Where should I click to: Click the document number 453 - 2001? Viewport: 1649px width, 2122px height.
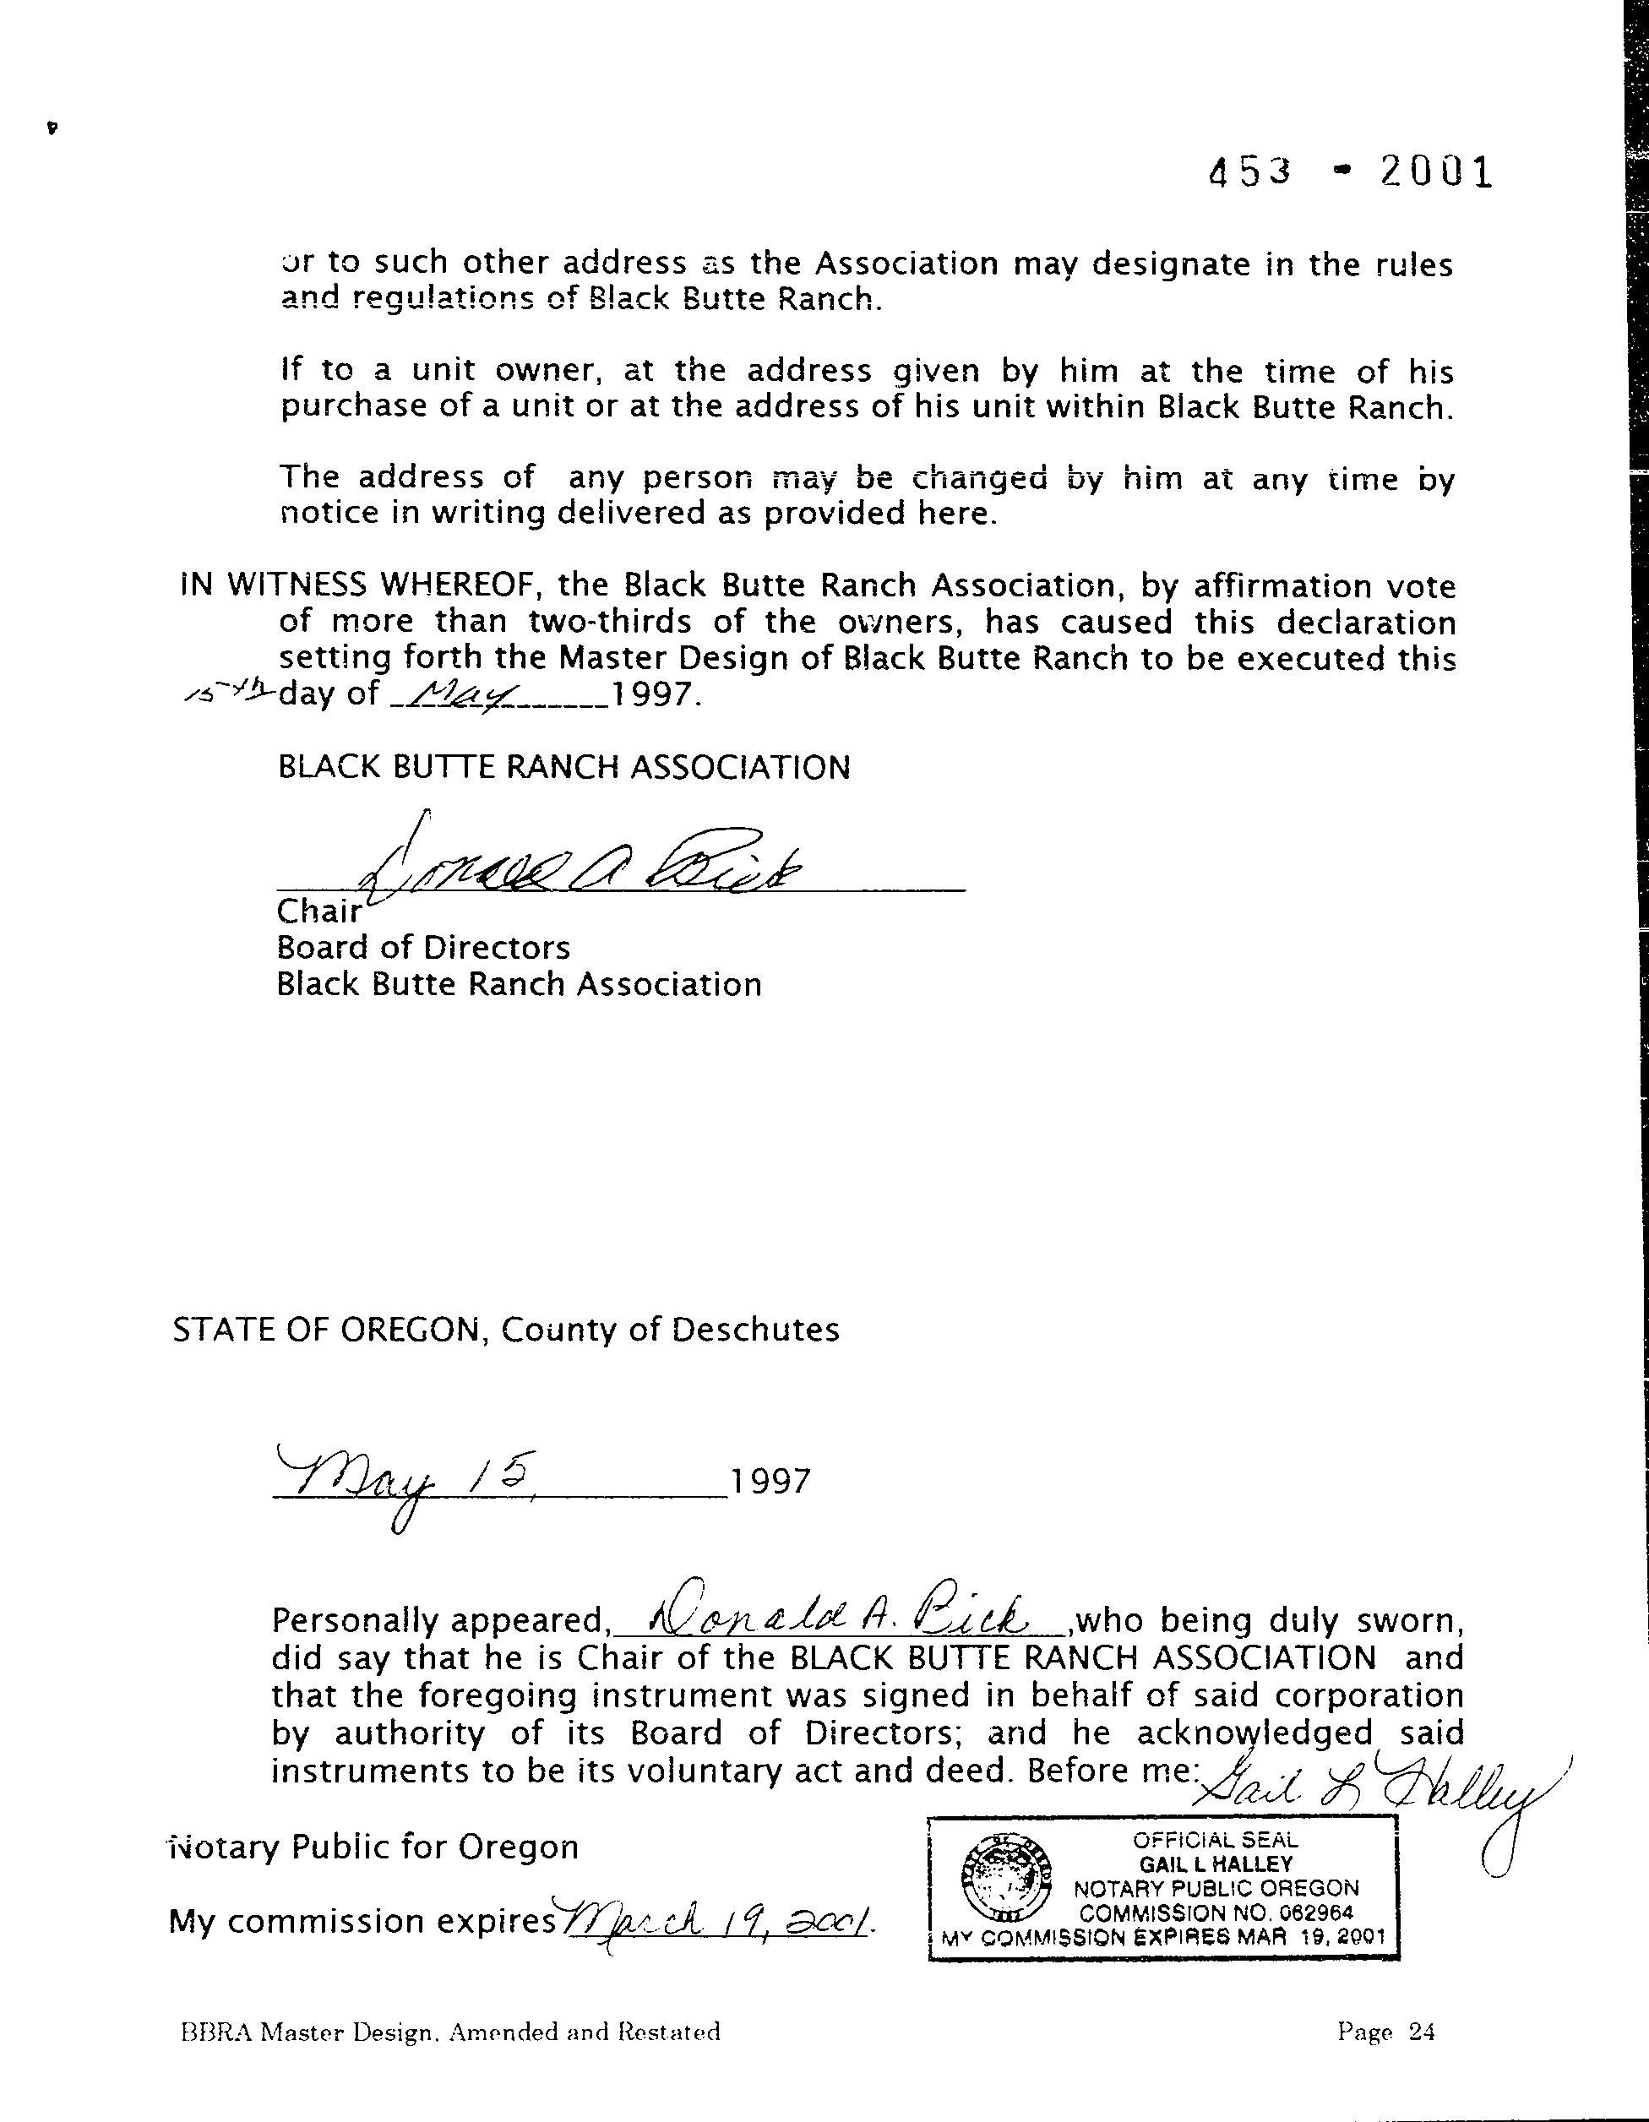(x=1350, y=173)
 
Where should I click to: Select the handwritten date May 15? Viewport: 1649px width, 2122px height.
(x=408, y=1481)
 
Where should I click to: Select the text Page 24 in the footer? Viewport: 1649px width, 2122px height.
(x=1385, y=2031)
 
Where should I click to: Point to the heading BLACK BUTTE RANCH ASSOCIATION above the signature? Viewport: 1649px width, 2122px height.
(x=563, y=768)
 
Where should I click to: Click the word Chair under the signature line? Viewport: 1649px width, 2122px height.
(x=318, y=911)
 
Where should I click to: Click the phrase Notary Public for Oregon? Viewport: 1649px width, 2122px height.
(x=375, y=1846)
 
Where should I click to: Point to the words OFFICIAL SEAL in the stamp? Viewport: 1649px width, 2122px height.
(x=1215, y=1839)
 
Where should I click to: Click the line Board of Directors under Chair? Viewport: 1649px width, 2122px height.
(x=422, y=947)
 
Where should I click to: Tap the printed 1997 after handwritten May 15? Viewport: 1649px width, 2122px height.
(x=769, y=1481)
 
